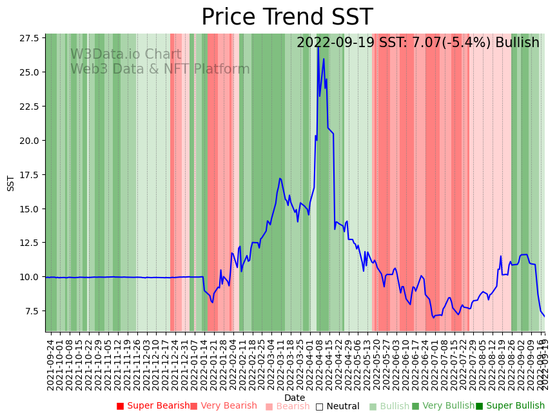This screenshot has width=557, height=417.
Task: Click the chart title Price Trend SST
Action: pyautogui.click(x=287, y=17)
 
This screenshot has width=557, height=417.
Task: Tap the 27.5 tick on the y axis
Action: pyautogui.click(x=28, y=38)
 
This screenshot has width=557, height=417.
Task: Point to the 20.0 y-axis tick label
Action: pyautogui.click(x=28, y=140)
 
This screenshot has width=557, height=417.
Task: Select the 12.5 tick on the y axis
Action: pyautogui.click(x=28, y=243)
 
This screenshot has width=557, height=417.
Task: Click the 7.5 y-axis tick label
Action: pyautogui.click(x=31, y=311)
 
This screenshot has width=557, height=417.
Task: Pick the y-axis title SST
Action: pyautogui.click(x=11, y=183)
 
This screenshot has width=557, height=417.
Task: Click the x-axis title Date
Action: pyautogui.click(x=295, y=398)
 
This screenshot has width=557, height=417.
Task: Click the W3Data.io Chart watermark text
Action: pyautogui.click(x=126, y=54)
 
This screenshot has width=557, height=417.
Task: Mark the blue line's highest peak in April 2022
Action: pyautogui.click(x=318, y=46)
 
